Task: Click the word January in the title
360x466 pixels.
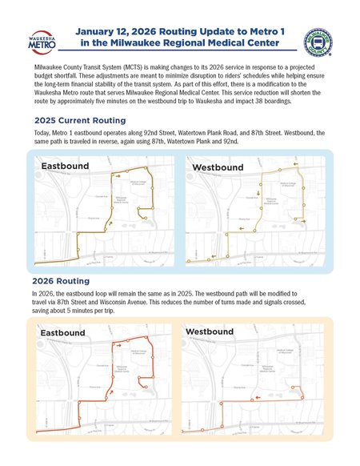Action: (102, 29)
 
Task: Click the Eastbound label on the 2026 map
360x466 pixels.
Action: (62, 332)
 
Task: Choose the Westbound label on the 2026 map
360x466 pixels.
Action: (210, 331)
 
